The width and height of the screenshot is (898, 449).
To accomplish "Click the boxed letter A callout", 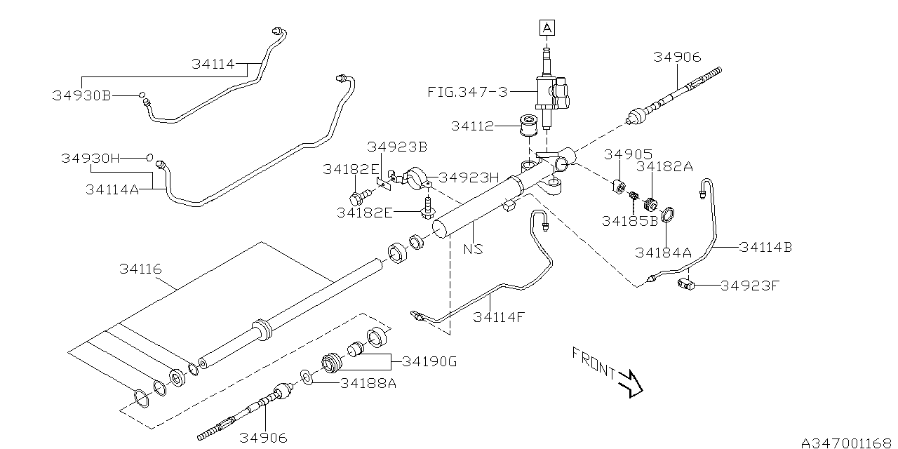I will pos(547,28).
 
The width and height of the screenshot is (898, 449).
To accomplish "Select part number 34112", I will pos(472,126).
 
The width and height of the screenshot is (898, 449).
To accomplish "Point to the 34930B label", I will pos(81,95).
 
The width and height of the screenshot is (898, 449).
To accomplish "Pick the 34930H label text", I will pos(90,159).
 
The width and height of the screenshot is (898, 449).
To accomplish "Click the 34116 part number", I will pos(140,269).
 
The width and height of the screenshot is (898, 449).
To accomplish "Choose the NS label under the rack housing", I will pos(473,248).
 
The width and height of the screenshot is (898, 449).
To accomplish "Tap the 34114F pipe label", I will pos(498,316).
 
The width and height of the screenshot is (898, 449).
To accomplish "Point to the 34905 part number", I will pos(629,154).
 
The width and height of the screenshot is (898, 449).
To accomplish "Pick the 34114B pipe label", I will pos(765,247).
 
